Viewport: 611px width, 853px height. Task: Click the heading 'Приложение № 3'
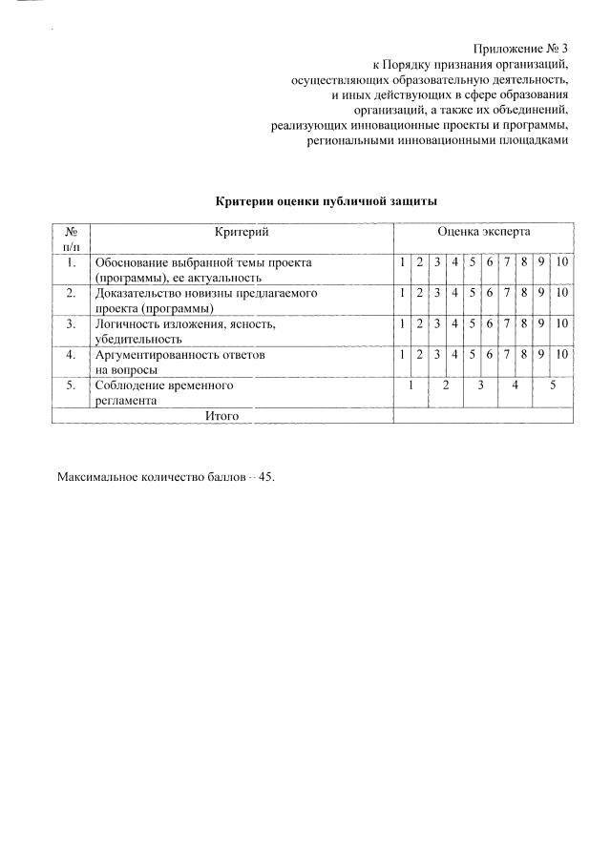pyautogui.click(x=520, y=49)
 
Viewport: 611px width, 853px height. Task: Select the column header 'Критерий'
pyautogui.click(x=242, y=232)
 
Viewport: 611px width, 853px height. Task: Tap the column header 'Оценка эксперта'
pyautogui.click(x=483, y=232)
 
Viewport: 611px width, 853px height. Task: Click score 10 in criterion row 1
pyautogui.click(x=561, y=262)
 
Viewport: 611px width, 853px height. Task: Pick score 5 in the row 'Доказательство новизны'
pyautogui.click(x=473, y=293)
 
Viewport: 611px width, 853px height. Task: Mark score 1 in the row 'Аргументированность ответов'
pyautogui.click(x=403, y=354)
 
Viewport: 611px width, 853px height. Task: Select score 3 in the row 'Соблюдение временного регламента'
pyautogui.click(x=480, y=385)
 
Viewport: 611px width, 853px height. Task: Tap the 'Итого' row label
pyautogui.click(x=221, y=415)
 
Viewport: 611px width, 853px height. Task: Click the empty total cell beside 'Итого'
pyautogui.click(x=483, y=415)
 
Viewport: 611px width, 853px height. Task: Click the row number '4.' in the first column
pyautogui.click(x=71, y=354)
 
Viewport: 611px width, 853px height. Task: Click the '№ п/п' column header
pyautogui.click(x=71, y=239)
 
